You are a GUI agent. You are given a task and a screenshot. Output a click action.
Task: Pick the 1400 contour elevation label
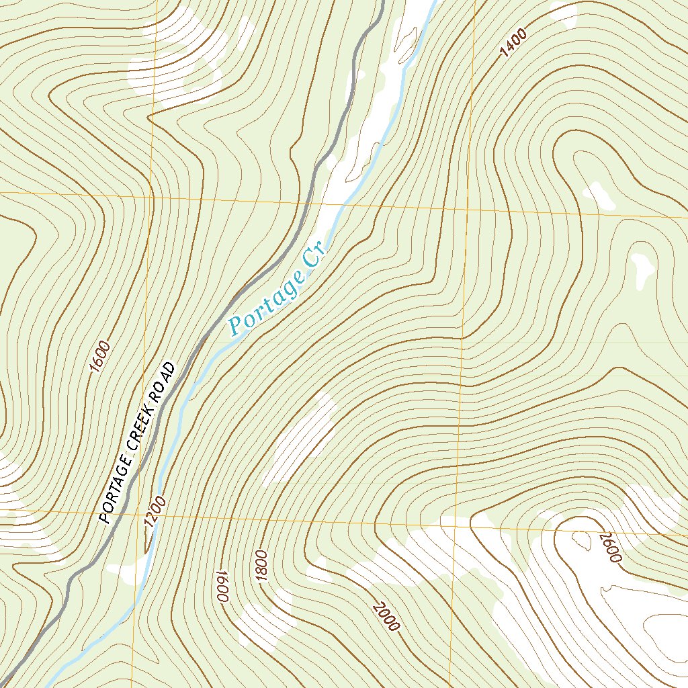pyautogui.click(x=513, y=44)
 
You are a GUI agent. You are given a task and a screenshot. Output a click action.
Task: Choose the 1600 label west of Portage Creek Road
pyautogui.click(x=99, y=356)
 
